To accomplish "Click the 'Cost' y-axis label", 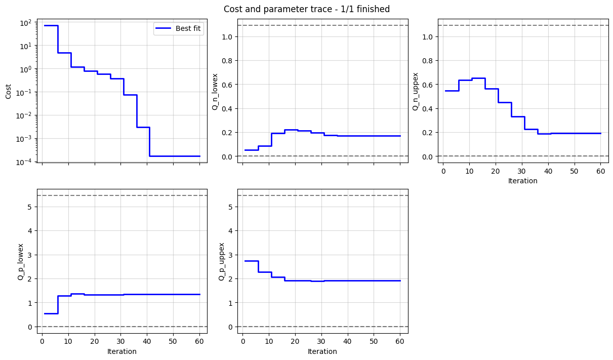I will (x=8, y=92).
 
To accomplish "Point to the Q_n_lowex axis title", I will (x=215, y=92).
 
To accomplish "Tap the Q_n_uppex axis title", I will (x=415, y=92).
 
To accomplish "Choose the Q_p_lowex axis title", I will (x=21, y=262).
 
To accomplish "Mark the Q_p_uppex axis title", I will (x=221, y=262).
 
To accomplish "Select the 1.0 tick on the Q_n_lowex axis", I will (x=227, y=37).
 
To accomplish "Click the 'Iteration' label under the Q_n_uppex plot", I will (x=522, y=181).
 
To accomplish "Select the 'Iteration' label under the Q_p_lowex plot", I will (x=121, y=351).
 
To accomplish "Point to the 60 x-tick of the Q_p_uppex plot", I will (x=400, y=342).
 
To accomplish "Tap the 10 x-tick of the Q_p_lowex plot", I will (x=68, y=342).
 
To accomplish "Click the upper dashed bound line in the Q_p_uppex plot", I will (x=322, y=195).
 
